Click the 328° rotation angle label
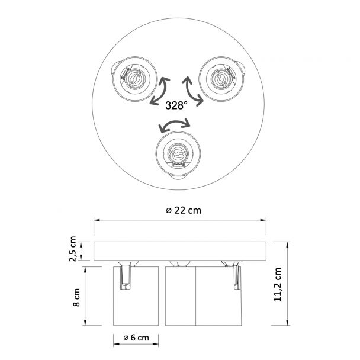[176, 105]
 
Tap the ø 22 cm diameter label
[184, 210]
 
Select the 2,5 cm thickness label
[73, 249]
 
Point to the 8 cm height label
[76, 297]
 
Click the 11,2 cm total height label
[278, 284]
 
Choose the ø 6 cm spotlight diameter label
[136, 337]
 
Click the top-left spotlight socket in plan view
[134, 79]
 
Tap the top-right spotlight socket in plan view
[222, 79]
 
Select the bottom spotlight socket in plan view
[178, 155]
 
